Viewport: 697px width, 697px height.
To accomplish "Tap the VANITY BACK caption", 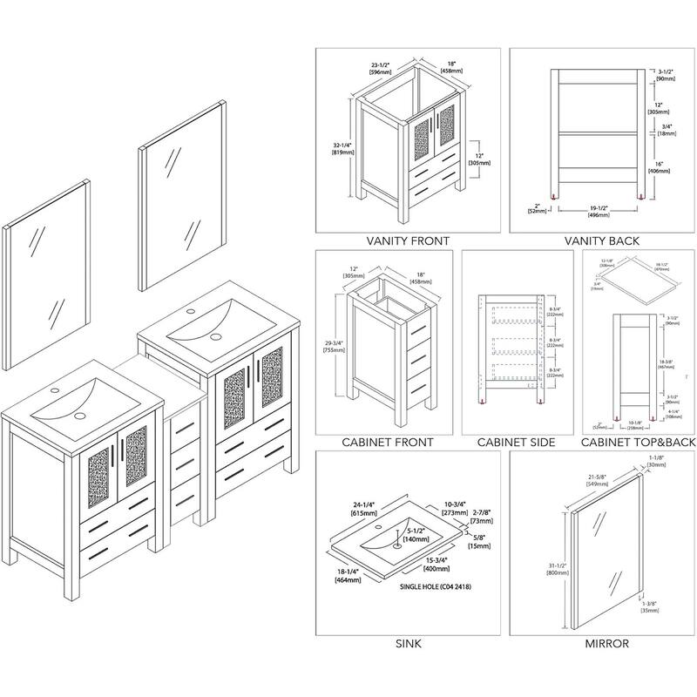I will tap(602, 241).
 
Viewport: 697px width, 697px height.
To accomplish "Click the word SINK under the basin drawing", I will tap(407, 645).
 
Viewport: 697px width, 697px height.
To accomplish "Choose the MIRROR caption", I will tap(602, 645).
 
